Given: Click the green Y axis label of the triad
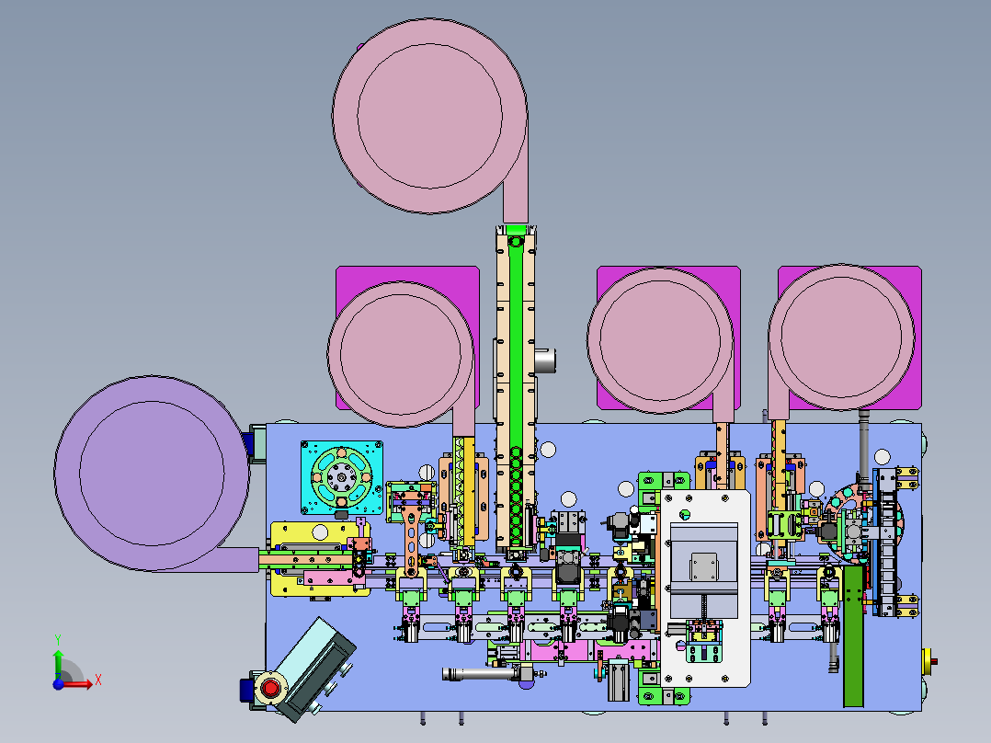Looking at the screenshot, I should (x=57, y=638).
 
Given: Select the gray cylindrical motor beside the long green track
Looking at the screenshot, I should (x=546, y=360).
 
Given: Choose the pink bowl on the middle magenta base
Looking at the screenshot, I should (x=659, y=339).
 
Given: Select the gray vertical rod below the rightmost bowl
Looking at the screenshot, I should (x=864, y=441).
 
